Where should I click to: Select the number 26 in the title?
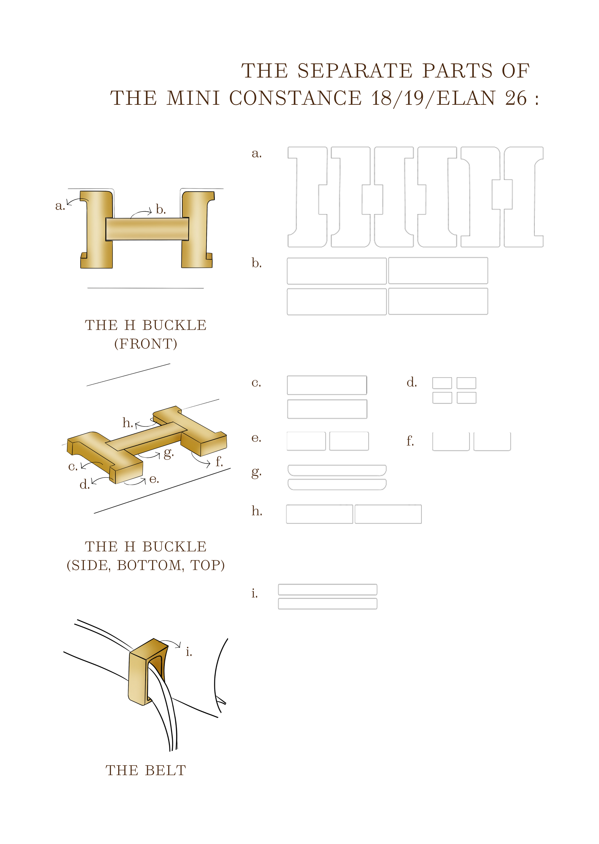pos(516,98)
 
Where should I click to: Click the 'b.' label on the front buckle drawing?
pos(161,210)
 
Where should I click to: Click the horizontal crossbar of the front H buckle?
pos(147,229)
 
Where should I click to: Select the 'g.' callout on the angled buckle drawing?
pos(168,454)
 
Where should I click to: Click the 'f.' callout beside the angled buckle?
pos(219,461)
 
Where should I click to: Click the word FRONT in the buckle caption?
pos(146,344)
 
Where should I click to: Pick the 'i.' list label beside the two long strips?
pos(255,593)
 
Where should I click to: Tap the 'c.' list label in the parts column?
pos(256,383)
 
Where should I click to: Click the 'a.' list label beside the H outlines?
pos(257,154)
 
